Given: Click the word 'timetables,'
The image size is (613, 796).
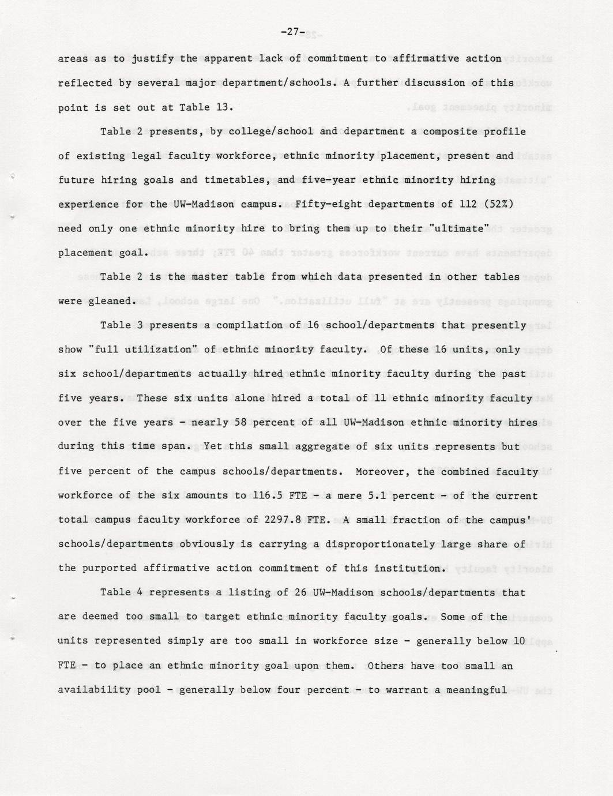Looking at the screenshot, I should (x=239, y=180).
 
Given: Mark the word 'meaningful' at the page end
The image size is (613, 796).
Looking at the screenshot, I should (x=477, y=690).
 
